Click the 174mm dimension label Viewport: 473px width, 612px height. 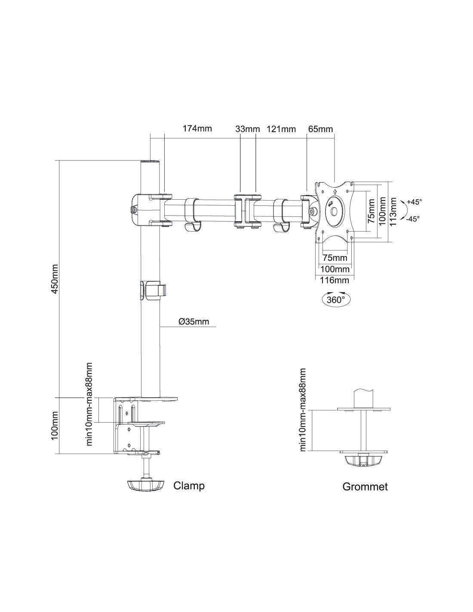click(197, 129)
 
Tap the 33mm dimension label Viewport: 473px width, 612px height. click(248, 129)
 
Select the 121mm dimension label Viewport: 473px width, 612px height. click(281, 129)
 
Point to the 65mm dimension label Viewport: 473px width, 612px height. click(320, 129)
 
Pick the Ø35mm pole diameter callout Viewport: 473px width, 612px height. click(193, 321)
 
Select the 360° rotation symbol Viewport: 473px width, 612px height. click(336, 299)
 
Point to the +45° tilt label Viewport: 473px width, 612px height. click(414, 201)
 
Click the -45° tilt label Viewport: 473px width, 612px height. click(413, 219)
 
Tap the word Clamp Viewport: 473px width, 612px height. click(189, 486)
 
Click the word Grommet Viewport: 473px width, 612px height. click(365, 487)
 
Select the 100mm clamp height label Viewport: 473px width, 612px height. click(55, 426)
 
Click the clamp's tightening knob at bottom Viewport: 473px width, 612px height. click(146, 485)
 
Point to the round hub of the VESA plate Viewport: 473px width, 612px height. click(334, 211)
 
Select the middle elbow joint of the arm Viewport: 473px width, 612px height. click(247, 211)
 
